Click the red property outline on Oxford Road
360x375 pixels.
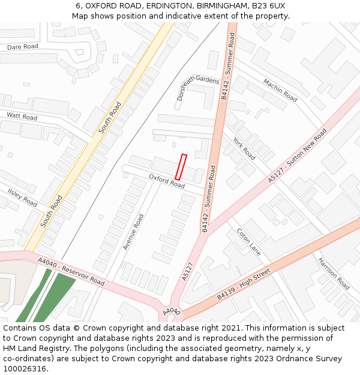[x=181, y=167]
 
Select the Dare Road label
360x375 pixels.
[x=23, y=47]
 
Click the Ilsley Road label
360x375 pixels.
[x=22, y=197]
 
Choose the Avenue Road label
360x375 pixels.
[x=134, y=232]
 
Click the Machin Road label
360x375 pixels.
[x=280, y=90]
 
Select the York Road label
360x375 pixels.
[x=244, y=149]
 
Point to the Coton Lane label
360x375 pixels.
[x=248, y=241]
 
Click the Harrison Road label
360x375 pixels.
[x=334, y=274]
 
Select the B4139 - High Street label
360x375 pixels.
[x=244, y=284]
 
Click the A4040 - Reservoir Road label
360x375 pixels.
[x=71, y=272]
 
